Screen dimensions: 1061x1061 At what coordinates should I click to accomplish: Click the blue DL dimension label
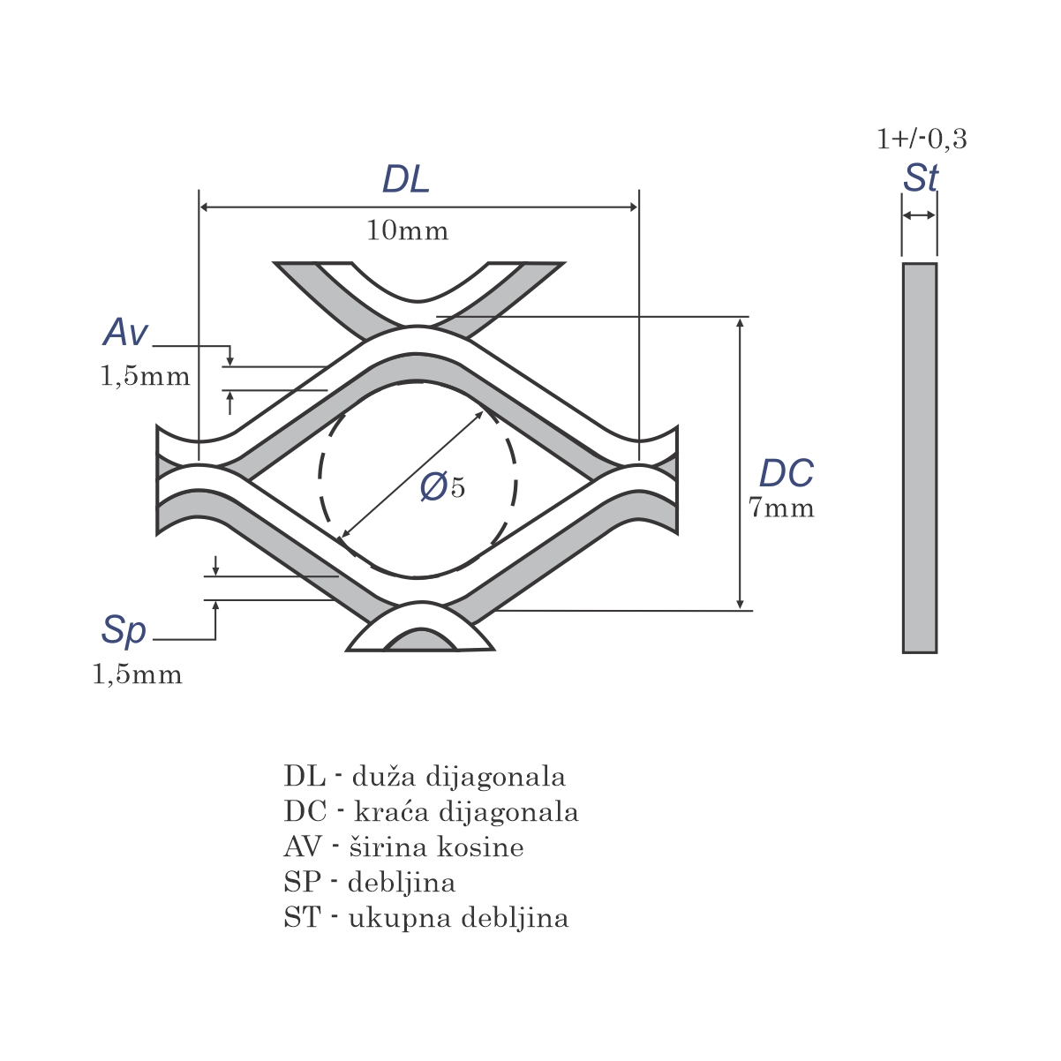(406, 179)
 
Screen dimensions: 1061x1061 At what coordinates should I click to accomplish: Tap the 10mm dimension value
(408, 230)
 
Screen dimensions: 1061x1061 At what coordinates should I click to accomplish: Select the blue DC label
(786, 473)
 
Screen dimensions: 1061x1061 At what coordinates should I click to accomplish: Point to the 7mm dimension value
(781, 508)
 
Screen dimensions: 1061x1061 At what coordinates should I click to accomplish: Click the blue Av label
(125, 332)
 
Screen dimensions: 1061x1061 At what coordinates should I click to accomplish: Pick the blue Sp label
(124, 631)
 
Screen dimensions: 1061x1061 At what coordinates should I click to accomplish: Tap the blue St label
(921, 177)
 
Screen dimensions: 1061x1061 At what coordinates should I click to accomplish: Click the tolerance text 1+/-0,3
(922, 139)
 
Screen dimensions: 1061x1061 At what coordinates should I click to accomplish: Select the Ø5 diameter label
(442, 487)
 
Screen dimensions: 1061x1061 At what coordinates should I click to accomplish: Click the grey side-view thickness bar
(920, 458)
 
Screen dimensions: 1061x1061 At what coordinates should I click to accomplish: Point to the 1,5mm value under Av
(145, 377)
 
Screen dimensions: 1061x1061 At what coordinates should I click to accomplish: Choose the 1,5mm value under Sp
(137, 675)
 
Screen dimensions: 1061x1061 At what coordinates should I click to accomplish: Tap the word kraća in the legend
(391, 811)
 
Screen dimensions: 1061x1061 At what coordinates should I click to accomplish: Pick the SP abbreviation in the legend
(302, 882)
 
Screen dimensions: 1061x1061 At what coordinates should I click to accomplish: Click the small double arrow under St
(920, 215)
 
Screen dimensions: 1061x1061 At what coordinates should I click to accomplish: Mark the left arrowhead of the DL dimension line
(204, 207)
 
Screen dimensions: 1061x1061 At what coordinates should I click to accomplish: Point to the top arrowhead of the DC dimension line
(740, 323)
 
